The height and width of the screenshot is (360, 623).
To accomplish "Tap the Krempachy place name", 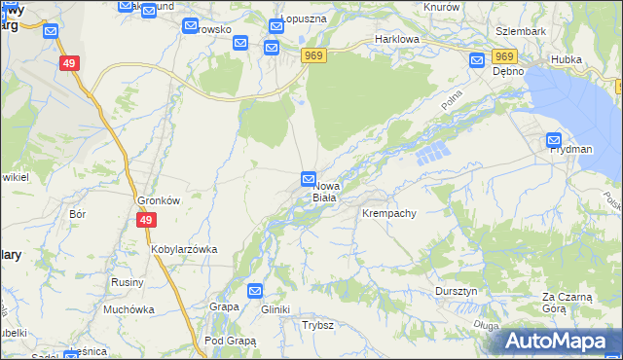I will [x=389, y=213].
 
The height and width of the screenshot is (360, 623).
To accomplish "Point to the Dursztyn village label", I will [x=455, y=291].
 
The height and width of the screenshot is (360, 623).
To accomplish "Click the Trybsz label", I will [x=318, y=325].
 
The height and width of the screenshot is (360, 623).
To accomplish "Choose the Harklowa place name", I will [x=396, y=41].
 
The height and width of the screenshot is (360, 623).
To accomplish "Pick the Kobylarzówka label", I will [x=183, y=249].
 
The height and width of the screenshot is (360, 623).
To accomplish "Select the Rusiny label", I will [x=128, y=282].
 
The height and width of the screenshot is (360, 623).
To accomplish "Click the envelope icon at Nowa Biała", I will [x=308, y=178].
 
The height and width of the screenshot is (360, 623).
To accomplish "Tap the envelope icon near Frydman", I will [x=554, y=139].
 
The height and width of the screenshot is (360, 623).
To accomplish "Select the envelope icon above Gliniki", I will [x=255, y=290].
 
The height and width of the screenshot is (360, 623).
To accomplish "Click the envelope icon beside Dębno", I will [x=477, y=60].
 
